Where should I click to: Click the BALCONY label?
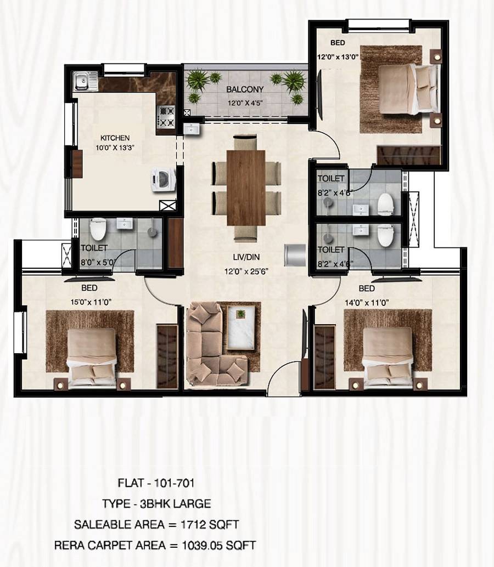coord(245,89)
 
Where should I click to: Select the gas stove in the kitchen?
coord(166,117)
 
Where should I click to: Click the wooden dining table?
coord(246,188)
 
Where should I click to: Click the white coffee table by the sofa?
coord(240,327)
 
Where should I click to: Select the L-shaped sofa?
coord(211,345)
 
